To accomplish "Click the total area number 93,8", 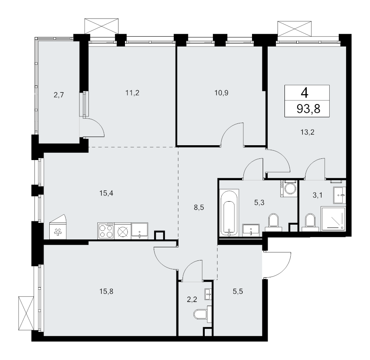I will point(309,109).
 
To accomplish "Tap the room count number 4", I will point(308,92).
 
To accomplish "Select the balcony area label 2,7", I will point(59,95).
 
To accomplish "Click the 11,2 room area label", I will point(132,93).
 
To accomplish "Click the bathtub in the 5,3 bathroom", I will point(229,213).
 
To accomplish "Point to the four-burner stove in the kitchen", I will point(106,231).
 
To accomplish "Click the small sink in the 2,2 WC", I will point(208,293).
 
